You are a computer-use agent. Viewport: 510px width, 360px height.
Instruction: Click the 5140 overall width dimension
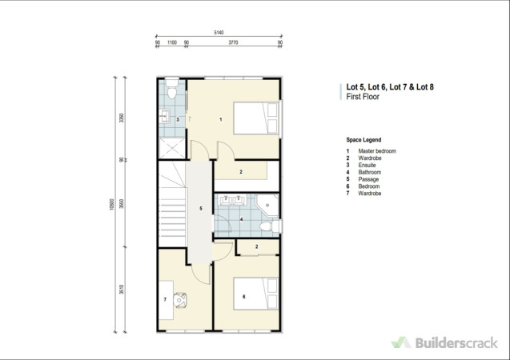(219, 33)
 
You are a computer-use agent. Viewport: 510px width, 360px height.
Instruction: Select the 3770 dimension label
(233, 42)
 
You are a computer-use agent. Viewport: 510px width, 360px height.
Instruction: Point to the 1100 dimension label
(172, 42)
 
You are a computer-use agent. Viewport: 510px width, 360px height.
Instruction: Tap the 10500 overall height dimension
(112, 204)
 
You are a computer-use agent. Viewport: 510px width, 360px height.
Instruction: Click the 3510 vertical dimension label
(122, 290)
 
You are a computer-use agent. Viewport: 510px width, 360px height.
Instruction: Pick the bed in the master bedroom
(256, 118)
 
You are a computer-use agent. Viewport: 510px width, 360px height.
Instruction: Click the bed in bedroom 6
(256, 294)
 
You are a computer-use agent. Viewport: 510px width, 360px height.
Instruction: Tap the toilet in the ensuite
(171, 89)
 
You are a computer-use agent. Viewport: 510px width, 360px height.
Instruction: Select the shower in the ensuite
(172, 148)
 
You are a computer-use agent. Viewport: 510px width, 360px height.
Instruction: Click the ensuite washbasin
(165, 116)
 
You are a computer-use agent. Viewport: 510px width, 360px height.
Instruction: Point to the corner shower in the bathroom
(267, 206)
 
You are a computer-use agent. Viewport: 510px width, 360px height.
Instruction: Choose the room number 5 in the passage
(201, 209)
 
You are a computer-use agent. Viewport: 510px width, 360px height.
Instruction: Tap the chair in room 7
(179, 300)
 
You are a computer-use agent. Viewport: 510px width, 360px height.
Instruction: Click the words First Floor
(363, 97)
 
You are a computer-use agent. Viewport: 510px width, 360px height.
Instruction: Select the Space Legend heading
(363, 140)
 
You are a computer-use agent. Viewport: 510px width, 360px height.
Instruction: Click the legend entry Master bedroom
(377, 151)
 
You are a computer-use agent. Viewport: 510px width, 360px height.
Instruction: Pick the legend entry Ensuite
(367, 165)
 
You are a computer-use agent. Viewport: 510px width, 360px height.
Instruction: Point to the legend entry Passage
(368, 179)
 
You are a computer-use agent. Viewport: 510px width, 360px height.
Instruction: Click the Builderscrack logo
(444, 342)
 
